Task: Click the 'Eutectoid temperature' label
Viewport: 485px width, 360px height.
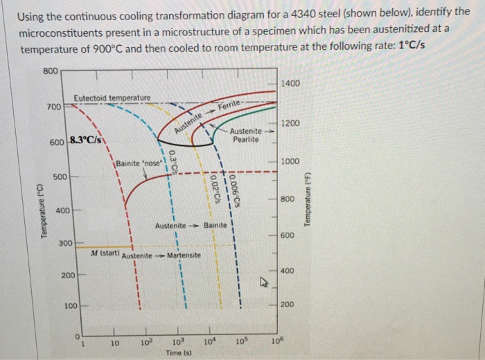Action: click(x=112, y=99)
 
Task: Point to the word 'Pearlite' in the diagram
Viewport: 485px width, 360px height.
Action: click(x=246, y=139)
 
